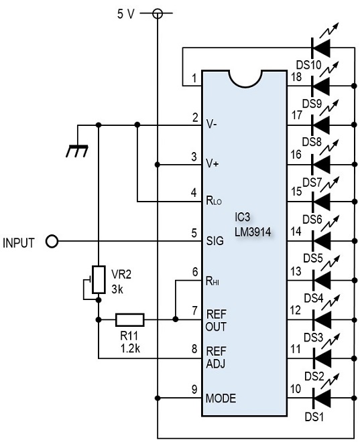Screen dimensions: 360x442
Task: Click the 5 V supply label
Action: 126,13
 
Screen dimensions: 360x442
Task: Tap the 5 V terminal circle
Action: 158,13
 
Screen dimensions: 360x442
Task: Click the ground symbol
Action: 77,151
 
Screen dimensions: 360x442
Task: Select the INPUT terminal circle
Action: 52,242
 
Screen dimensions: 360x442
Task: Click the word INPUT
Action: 19,243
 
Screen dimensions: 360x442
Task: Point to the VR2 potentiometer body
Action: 99,279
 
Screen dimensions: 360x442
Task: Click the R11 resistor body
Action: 130,319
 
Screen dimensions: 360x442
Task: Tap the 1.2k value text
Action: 130,349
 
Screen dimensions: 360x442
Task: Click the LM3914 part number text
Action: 253,232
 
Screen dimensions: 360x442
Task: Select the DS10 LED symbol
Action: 320,48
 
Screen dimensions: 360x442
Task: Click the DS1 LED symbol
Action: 322,398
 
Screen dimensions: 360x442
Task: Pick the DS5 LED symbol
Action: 321,241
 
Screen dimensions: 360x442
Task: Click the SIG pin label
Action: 215,241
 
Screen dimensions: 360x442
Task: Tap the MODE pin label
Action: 221,398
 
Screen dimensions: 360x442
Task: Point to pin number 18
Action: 296,76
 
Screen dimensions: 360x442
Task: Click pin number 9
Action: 194,389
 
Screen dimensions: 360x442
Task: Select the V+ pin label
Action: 213,163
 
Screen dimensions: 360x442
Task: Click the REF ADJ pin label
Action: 216,358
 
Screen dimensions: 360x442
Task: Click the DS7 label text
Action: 312,183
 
